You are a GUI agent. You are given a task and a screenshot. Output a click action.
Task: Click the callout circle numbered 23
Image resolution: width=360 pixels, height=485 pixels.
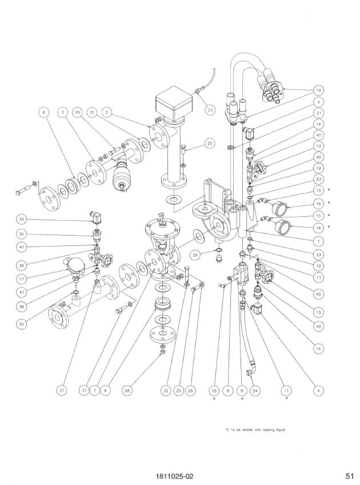click(x=210, y=110)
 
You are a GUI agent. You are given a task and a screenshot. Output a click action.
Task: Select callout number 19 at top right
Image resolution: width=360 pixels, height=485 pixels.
click(x=319, y=90)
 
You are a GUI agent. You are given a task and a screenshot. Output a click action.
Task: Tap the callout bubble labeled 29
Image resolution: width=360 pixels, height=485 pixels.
click(x=77, y=113)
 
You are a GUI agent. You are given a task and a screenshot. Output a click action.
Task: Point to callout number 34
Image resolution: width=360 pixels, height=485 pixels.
click(x=21, y=220)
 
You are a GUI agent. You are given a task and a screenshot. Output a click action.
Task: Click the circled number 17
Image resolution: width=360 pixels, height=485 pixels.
click(x=21, y=279)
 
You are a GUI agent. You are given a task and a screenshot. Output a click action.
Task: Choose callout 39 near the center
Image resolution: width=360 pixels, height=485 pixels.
click(x=195, y=255)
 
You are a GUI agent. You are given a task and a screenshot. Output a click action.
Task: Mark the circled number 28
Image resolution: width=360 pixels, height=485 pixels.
click(x=127, y=391)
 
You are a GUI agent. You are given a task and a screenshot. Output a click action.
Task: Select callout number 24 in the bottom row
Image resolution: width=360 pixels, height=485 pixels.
click(x=255, y=391)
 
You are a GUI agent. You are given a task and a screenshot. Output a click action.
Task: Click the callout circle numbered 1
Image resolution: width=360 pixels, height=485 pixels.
click(x=319, y=241)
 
